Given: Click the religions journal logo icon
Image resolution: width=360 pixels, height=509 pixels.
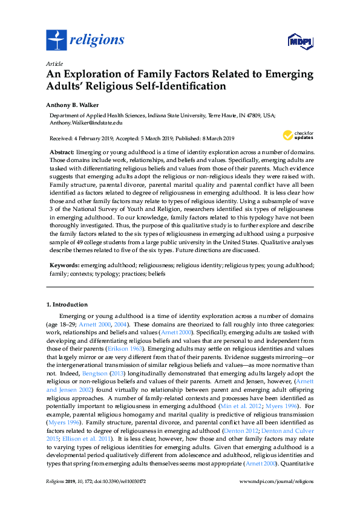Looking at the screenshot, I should click(56, 41).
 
